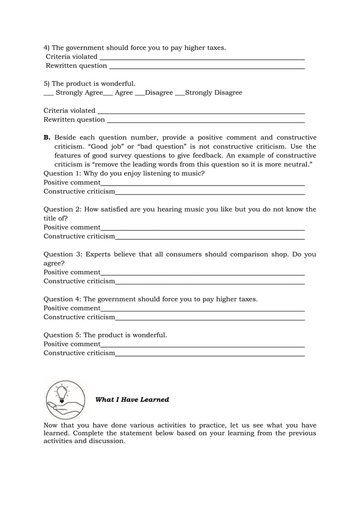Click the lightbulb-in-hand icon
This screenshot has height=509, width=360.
pyautogui.click(x=65, y=399)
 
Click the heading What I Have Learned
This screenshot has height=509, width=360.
pyautogui.click(x=132, y=400)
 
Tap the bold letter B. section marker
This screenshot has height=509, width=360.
pyautogui.click(x=47, y=138)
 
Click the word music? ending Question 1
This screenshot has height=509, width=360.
pyautogui.click(x=194, y=173)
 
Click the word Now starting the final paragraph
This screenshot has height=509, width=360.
pyautogui.click(x=51, y=425)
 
